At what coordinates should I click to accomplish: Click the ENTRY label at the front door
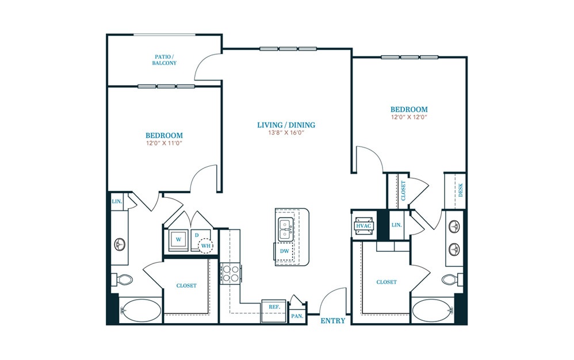(x=333, y=321)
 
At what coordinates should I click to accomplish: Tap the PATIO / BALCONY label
(x=164, y=60)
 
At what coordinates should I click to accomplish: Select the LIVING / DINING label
(x=286, y=125)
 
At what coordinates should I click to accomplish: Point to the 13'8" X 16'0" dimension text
(x=286, y=133)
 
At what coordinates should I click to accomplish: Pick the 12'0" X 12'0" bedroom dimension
(x=409, y=117)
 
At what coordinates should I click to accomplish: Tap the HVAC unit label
(x=363, y=226)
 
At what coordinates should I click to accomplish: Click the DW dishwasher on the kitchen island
(x=284, y=251)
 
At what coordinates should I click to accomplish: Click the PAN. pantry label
(x=297, y=316)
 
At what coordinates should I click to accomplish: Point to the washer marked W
(x=179, y=239)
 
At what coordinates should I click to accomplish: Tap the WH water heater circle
(x=206, y=247)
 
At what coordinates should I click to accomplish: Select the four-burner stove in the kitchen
(x=229, y=273)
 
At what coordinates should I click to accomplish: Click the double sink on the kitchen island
(x=286, y=229)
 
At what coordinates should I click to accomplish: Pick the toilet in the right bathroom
(x=450, y=280)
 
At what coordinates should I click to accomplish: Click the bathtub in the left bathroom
(x=140, y=311)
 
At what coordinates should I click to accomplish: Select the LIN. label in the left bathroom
(x=116, y=201)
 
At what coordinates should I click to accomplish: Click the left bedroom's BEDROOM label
(x=164, y=135)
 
